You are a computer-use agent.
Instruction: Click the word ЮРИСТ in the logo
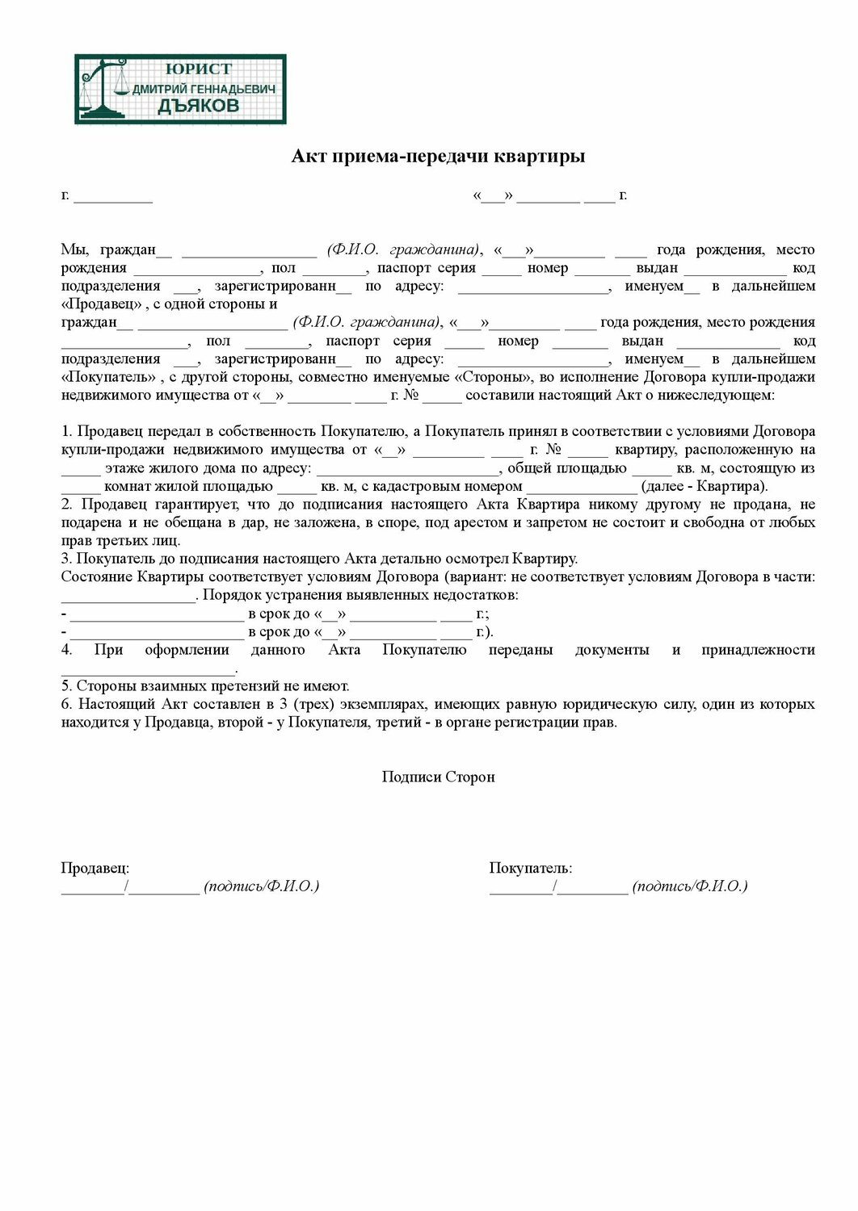(x=198, y=69)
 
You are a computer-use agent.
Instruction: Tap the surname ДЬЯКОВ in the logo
(x=198, y=106)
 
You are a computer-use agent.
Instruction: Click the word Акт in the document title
(x=309, y=156)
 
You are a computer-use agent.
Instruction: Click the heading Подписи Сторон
(x=438, y=777)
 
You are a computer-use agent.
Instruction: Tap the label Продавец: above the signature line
(x=95, y=868)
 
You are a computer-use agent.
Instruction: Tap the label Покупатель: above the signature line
(x=530, y=868)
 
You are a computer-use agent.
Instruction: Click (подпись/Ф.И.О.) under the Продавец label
(x=262, y=886)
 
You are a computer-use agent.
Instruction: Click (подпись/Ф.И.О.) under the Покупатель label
(x=690, y=886)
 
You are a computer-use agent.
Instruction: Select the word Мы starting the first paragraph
(x=74, y=249)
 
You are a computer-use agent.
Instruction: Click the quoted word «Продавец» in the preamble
(x=102, y=304)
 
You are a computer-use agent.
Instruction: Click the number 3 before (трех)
(x=284, y=704)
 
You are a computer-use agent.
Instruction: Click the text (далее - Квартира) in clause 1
(x=703, y=486)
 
